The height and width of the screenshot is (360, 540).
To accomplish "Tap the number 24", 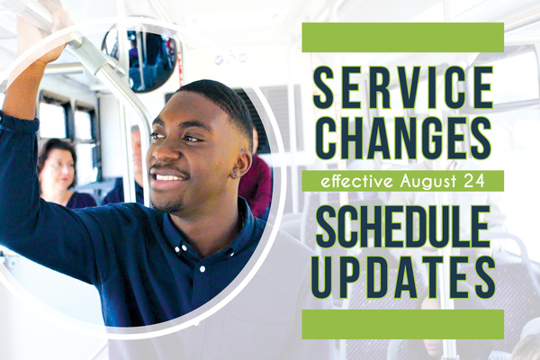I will tap(476, 181).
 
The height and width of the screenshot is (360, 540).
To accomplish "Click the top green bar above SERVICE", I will tap(402, 38).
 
